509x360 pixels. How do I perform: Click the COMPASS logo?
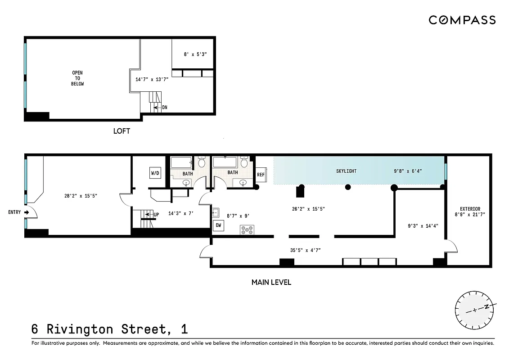click(462, 20)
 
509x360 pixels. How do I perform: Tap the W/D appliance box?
click(155, 173)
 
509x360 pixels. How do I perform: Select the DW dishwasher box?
click(218, 225)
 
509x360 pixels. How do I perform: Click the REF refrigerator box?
click(261, 175)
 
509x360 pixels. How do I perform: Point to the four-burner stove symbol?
click(248, 229)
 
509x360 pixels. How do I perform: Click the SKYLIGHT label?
click(346, 171)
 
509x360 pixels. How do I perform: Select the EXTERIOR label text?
click(470, 209)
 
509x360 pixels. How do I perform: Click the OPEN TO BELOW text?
click(77, 78)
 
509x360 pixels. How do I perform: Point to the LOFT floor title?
click(122, 131)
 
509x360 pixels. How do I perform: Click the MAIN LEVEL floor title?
click(271, 283)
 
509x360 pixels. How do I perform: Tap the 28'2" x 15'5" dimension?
click(81, 196)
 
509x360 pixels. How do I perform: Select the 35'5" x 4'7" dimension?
click(305, 250)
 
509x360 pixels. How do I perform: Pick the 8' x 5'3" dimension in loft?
click(195, 54)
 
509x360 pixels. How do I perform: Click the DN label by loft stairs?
click(164, 108)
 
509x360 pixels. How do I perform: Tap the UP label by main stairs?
click(156, 215)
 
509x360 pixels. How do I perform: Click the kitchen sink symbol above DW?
click(215, 211)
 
